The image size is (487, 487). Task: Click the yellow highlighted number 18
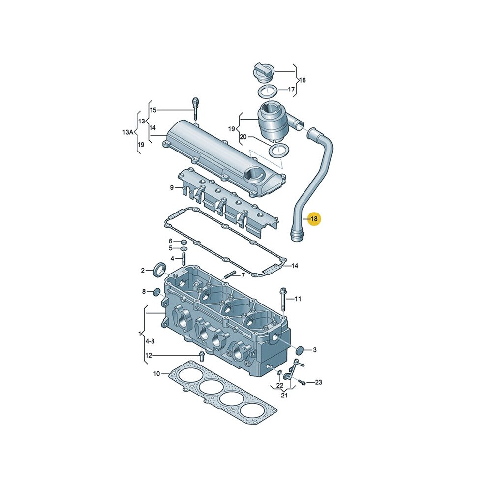(x=314, y=218)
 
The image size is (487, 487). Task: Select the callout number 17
(x=291, y=90)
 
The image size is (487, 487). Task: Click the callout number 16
(x=302, y=80)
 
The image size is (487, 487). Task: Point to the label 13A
(x=127, y=132)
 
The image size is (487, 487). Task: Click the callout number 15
(x=153, y=110)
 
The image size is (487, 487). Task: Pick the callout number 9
(x=172, y=187)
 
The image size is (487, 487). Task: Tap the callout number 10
(x=156, y=374)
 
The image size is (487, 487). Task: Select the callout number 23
(x=318, y=382)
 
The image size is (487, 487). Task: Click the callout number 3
(x=315, y=350)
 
